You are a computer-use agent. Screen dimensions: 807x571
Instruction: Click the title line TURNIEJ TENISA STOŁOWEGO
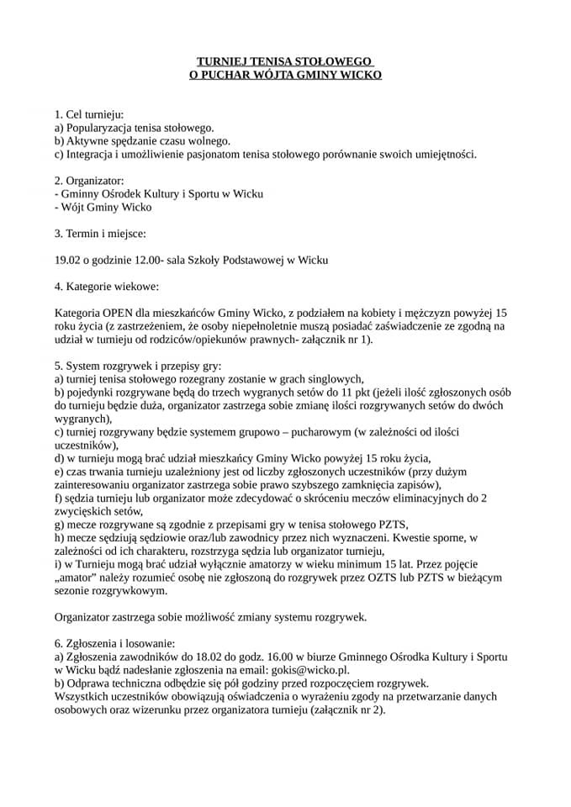coord(284,61)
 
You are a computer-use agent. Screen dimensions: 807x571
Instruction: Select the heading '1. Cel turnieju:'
coord(89,113)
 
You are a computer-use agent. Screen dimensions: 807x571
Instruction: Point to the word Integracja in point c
coord(93,154)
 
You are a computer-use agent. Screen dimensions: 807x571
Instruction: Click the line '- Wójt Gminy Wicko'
coord(103,207)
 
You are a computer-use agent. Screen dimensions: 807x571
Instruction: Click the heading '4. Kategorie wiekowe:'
coord(105,287)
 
